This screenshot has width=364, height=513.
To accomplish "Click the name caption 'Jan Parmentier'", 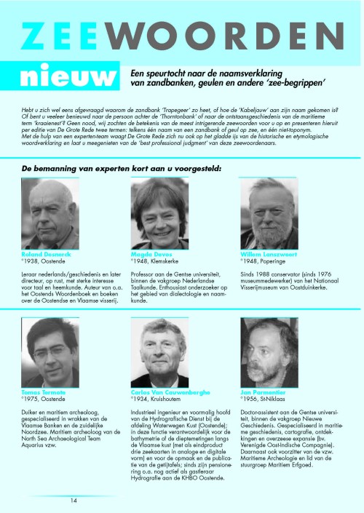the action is pos(261,392).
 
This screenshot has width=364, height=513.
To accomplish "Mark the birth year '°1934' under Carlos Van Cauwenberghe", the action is pos(140,398).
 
